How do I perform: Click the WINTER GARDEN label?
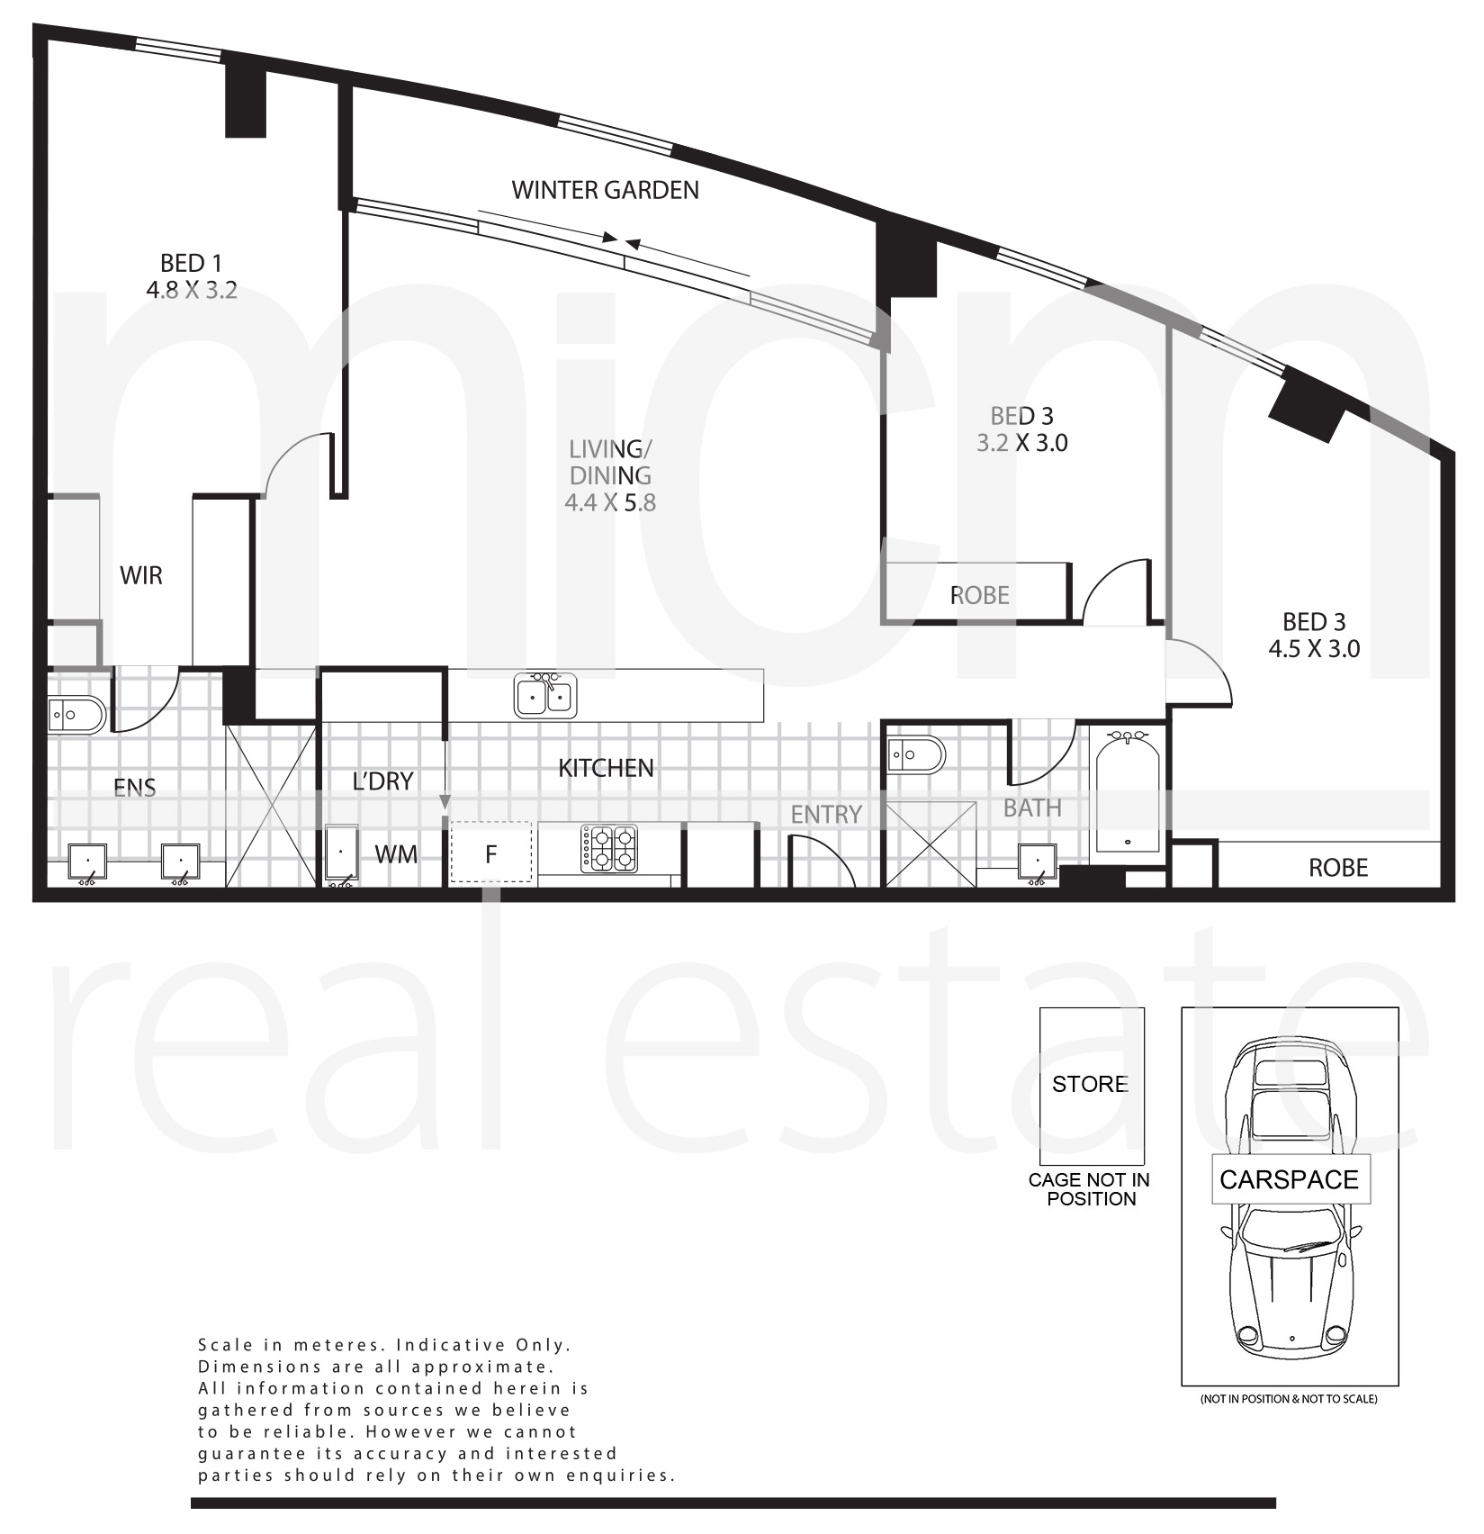[605, 190]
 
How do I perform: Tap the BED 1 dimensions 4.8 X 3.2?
[191, 290]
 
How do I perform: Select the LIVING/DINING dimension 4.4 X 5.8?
[610, 502]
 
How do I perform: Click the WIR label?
[141, 575]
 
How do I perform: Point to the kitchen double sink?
[545, 696]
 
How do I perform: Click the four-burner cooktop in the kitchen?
[609, 848]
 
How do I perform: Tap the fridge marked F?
[490, 853]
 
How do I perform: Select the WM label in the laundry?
[396, 853]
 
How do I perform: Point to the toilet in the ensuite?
[76, 716]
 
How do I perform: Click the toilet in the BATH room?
[916, 754]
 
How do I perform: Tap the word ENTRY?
[826, 815]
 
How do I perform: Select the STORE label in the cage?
[1090, 1084]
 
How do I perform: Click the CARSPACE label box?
[1289, 1179]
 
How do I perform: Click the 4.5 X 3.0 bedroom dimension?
[1314, 648]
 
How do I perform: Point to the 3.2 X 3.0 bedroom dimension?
[1022, 442]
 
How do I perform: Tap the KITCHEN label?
[606, 768]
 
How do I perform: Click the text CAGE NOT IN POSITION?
[1090, 1188]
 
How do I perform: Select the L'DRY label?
[382, 781]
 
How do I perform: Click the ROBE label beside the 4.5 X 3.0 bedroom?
[1338, 868]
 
